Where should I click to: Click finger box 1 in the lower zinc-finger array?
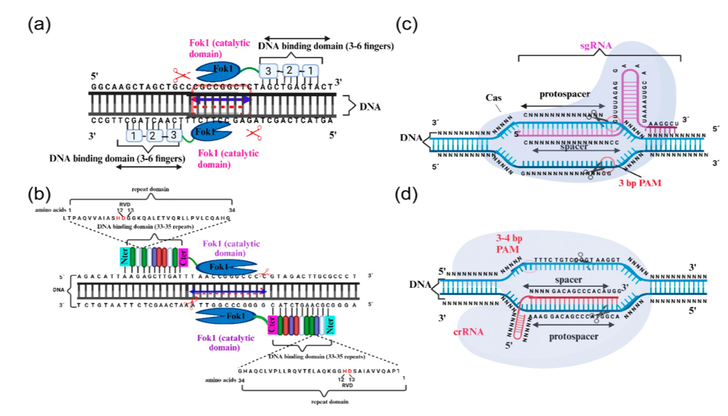click(134, 135)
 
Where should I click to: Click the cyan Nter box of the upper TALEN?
click(127, 257)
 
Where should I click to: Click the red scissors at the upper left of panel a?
click(181, 75)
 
